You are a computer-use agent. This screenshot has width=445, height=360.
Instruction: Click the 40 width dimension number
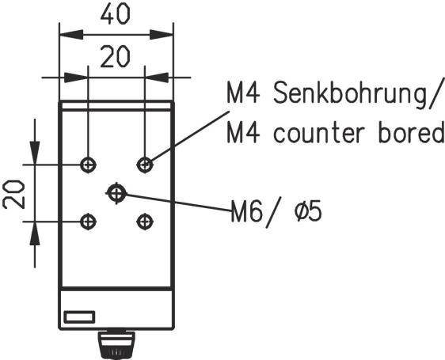click(116, 14)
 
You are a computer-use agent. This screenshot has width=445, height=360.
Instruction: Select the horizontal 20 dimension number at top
click(116, 57)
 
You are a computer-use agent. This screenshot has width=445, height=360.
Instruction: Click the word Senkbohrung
click(352, 93)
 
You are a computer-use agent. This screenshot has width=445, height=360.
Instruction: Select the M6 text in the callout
click(246, 211)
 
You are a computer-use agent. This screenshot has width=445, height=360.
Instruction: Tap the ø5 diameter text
click(308, 211)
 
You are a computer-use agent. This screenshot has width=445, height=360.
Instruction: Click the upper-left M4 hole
click(88, 165)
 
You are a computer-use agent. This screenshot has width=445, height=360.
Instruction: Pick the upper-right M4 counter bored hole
click(145, 165)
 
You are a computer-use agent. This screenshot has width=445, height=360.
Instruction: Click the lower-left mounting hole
click(88, 222)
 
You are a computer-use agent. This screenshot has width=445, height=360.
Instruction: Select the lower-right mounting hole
click(145, 222)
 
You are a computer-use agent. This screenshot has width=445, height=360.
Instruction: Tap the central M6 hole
click(116, 193)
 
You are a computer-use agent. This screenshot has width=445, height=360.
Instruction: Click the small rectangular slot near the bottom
click(79, 317)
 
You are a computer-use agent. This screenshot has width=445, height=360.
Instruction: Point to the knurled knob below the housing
click(116, 344)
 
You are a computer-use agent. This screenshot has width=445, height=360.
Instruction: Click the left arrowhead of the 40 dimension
click(71, 35)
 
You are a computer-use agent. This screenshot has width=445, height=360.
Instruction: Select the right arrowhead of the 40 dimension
click(162, 35)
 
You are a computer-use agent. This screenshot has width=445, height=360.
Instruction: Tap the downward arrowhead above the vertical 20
click(35, 153)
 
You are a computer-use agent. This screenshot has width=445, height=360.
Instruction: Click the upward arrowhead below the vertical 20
click(35, 233)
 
